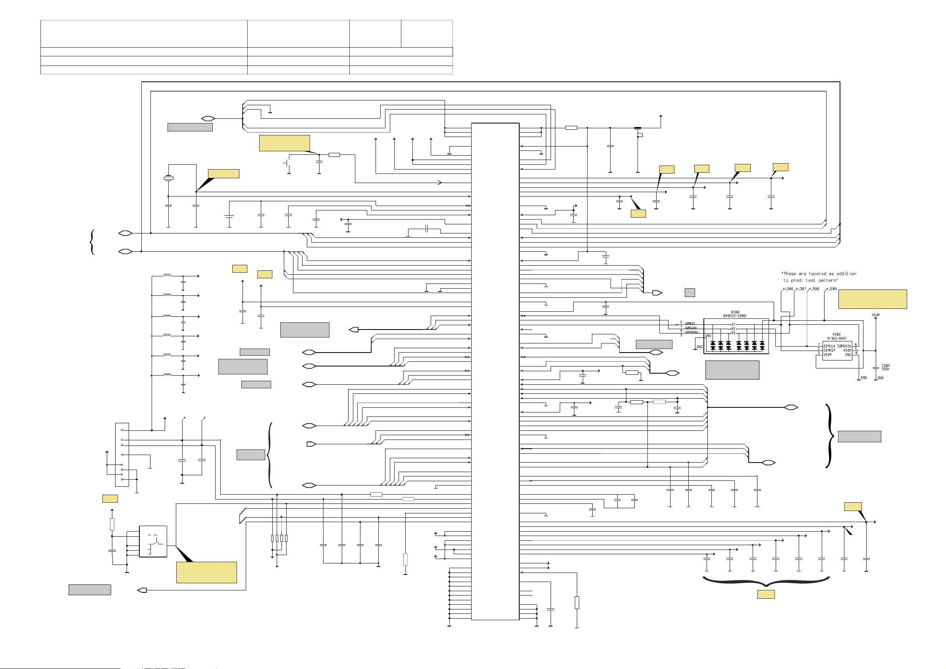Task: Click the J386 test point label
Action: click(789, 289)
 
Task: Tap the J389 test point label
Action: click(833, 289)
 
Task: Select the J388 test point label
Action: click(815, 289)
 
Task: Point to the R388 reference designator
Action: click(735, 312)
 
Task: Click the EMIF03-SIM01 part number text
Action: click(735, 316)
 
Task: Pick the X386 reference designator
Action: click(836, 334)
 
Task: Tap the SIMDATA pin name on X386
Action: click(844, 346)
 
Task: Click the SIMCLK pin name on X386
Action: click(829, 346)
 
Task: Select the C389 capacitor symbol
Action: click(876, 368)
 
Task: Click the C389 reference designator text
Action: click(885, 366)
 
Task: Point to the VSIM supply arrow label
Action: click(876, 315)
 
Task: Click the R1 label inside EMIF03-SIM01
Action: click(733, 324)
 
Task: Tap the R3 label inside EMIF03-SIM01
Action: click(733, 333)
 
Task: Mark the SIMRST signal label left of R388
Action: click(690, 324)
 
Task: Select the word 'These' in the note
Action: click(790, 274)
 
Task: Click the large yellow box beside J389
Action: click(872, 299)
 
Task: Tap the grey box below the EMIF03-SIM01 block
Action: click(732, 370)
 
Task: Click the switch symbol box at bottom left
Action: click(153, 541)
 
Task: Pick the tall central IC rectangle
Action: click(495, 371)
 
